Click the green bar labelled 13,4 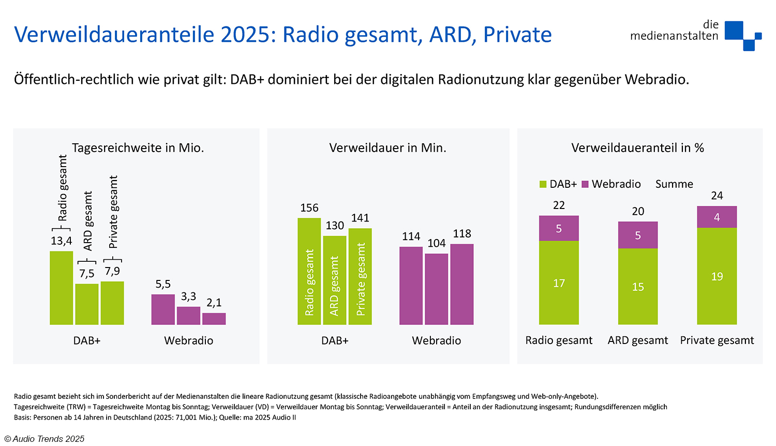click(x=61, y=288)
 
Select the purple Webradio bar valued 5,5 click(x=163, y=309)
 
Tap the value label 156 click(x=309, y=208)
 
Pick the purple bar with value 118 click(x=462, y=284)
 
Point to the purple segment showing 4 click(x=717, y=217)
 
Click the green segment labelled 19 click(x=717, y=276)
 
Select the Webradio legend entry click(x=611, y=184)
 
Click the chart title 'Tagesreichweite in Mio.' click(x=138, y=148)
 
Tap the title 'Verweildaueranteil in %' click(x=637, y=148)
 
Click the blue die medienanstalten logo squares click(x=743, y=35)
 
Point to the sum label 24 click(x=717, y=196)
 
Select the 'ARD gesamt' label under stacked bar click(x=637, y=340)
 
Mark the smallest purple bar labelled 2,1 click(x=214, y=319)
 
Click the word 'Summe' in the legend click(x=674, y=184)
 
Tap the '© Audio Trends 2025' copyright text click(x=44, y=439)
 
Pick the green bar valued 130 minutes click(x=335, y=280)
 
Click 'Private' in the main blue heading click(x=517, y=35)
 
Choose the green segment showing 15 click(x=637, y=287)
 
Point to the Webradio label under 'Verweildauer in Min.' click(x=436, y=340)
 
